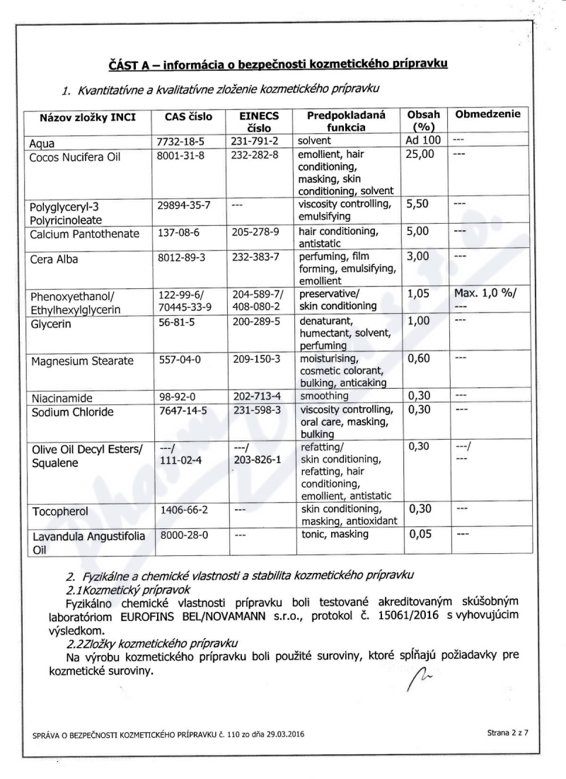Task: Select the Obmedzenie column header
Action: pos(487,114)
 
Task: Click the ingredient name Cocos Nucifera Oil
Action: pos(74,157)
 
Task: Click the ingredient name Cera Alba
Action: pos(54,259)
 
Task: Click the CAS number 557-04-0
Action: pos(181,360)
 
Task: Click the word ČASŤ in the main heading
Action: pos(123,65)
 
